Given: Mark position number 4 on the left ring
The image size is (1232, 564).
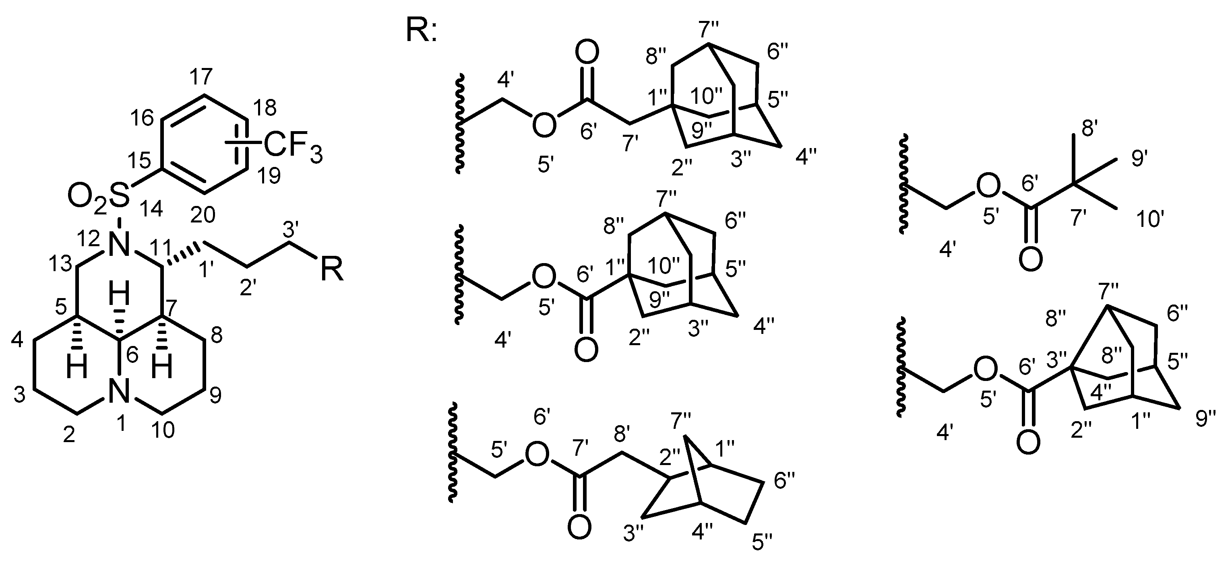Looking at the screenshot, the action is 17,340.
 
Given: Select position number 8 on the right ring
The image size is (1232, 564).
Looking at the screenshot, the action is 217,336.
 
